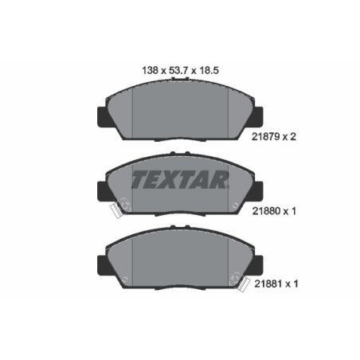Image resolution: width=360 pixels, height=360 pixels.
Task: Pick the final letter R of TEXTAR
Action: coord(220,178)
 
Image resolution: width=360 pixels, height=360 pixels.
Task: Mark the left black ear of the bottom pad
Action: coord(102,262)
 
